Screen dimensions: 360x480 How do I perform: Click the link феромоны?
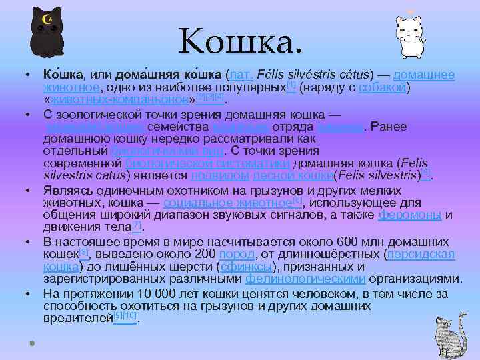click(409, 215)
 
